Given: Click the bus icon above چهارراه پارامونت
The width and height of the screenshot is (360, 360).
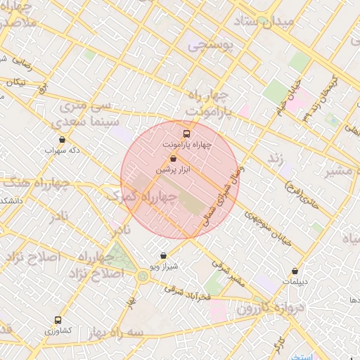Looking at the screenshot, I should [186, 133].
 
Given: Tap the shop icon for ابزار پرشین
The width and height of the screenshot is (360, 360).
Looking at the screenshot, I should [173, 159].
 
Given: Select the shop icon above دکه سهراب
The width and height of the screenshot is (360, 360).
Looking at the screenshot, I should [63, 139].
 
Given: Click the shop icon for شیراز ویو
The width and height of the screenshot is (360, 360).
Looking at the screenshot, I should [164, 256].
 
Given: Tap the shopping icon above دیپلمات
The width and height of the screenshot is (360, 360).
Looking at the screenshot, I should [295, 271].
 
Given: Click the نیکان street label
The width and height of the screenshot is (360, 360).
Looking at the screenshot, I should [15, 82].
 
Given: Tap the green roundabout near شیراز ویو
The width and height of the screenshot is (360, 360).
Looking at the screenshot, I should [143, 276].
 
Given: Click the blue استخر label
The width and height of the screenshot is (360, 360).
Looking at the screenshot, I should [304, 357].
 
